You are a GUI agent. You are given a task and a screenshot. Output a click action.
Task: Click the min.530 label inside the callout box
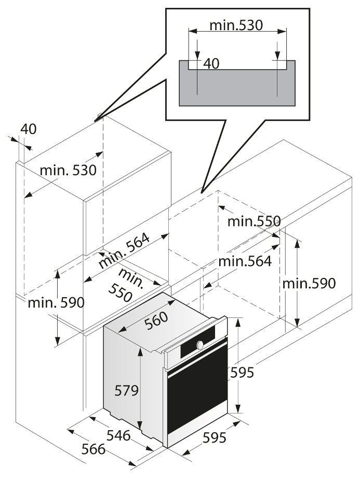click(x=236, y=25)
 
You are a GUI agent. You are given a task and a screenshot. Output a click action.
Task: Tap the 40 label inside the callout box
click(x=211, y=64)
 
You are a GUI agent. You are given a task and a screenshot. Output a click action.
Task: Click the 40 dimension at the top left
click(x=29, y=129)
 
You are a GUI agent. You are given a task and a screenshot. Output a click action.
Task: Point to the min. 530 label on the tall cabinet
click(x=68, y=170)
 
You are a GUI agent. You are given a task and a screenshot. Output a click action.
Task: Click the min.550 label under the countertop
click(x=254, y=221)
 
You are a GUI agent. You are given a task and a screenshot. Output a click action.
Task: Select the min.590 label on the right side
click(x=309, y=283)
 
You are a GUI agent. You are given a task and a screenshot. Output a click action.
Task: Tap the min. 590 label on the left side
click(x=56, y=303)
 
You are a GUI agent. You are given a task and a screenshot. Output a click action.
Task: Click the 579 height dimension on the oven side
click(x=127, y=390)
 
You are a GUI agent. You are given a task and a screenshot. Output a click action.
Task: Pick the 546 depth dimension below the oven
click(x=118, y=435)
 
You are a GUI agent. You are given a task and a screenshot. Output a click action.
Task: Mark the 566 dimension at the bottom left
click(x=94, y=449)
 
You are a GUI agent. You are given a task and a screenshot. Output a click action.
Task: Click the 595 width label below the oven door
click(x=215, y=438)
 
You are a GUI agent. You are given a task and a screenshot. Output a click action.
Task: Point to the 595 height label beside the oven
click(x=242, y=372)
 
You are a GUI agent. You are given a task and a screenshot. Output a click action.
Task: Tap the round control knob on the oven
click(x=200, y=345)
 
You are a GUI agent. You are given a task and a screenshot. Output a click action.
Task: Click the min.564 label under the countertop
click(x=245, y=261)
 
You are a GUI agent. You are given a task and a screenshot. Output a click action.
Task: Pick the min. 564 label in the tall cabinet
click(x=124, y=250)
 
